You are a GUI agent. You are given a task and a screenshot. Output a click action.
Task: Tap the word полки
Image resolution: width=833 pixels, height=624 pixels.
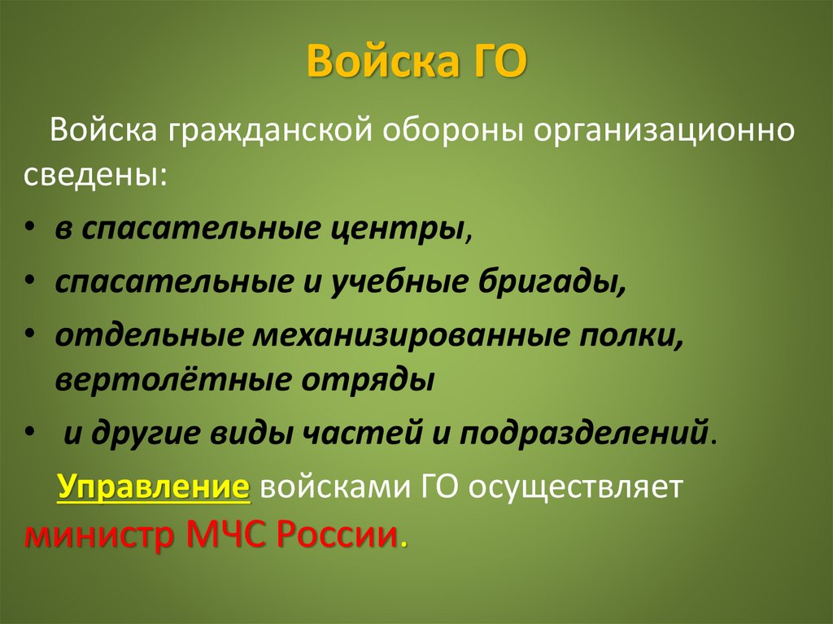(x=635, y=335)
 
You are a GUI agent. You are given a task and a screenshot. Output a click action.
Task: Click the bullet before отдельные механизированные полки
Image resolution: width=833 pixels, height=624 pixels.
(x=30, y=335)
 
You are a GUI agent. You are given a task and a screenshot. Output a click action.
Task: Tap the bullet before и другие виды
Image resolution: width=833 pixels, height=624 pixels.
(x=30, y=433)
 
